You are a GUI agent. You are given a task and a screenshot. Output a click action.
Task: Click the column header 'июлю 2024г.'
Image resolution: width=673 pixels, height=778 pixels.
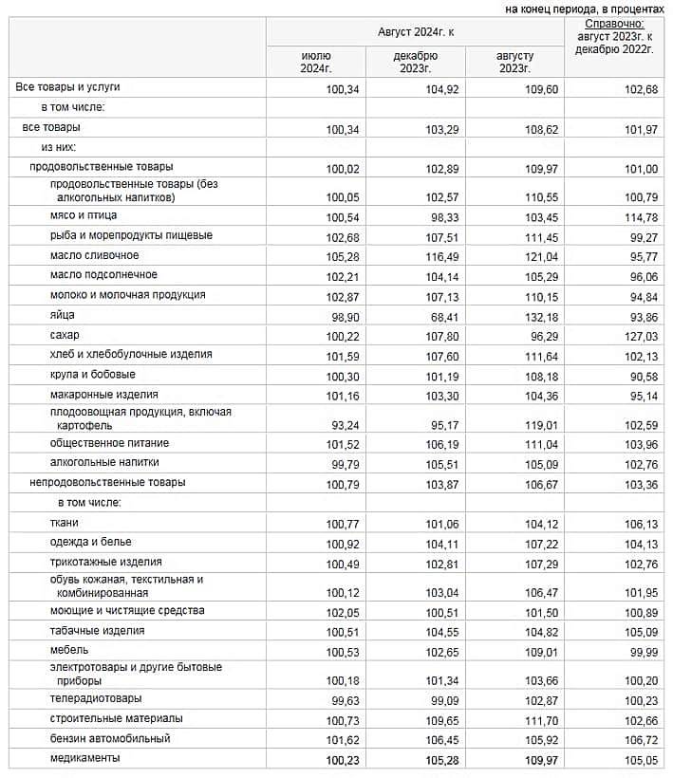(316, 62)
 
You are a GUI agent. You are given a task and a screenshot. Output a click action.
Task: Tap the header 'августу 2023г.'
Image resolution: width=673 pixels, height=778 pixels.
(514, 62)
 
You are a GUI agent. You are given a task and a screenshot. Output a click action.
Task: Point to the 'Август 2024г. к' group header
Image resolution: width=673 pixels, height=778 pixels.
(416, 32)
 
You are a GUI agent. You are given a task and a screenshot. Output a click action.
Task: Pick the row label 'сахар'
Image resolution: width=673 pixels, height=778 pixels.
(65, 335)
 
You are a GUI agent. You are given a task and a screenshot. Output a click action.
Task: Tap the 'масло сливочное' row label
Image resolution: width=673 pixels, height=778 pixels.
(94, 256)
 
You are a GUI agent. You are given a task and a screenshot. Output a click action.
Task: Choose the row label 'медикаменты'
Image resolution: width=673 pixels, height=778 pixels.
(84, 758)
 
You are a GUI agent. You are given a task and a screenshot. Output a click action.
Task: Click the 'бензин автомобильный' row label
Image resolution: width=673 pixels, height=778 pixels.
(110, 738)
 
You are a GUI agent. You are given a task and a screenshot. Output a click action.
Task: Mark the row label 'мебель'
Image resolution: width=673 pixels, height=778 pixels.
(69, 651)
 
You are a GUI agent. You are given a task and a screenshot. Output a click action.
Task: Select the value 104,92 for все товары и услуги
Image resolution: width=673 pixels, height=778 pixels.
(443, 88)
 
